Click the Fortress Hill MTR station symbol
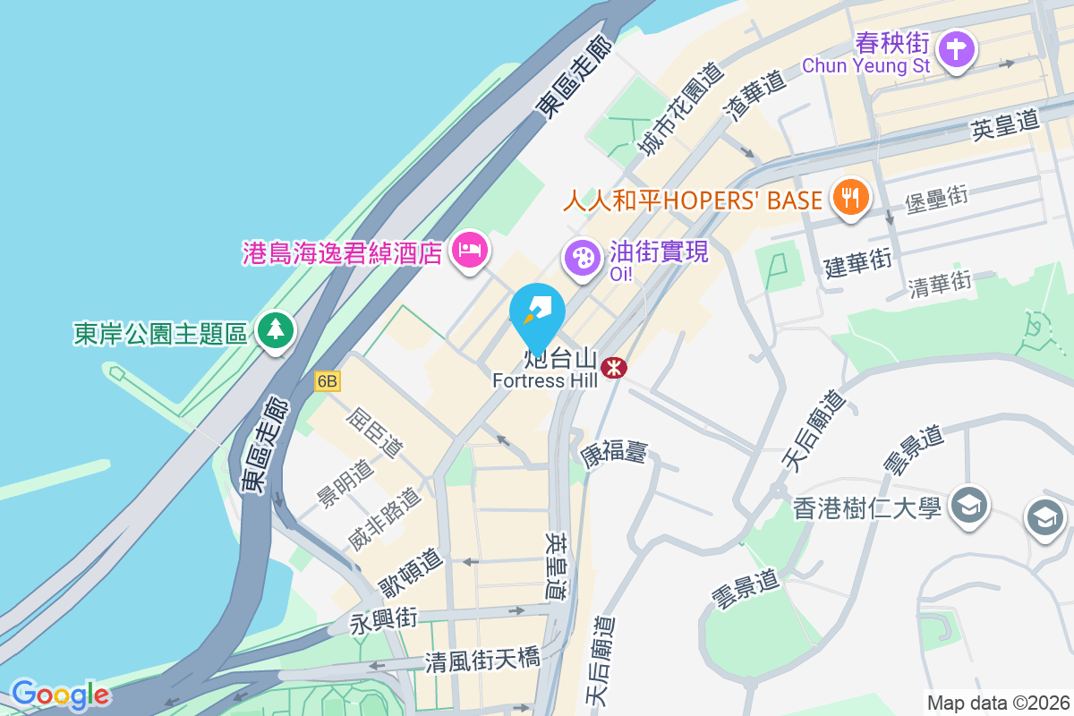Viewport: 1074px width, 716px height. [x=614, y=367]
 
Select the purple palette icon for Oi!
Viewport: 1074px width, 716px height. [x=582, y=257]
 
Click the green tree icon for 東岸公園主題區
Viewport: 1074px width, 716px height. [x=276, y=329]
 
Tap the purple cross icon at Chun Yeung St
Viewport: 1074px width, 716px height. [x=956, y=47]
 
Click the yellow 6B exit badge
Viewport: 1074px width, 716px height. [x=328, y=381]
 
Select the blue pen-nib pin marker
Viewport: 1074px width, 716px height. [x=537, y=312]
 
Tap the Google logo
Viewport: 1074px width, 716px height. [x=60, y=695]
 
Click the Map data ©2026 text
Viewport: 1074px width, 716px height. [x=998, y=703]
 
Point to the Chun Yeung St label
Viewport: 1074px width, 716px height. [x=865, y=65]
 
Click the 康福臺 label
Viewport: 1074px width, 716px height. [x=614, y=454]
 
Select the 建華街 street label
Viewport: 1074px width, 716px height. [x=857, y=263]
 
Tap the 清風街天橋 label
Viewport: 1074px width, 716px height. [x=482, y=661]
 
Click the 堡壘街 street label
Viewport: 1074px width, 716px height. [x=936, y=199]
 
